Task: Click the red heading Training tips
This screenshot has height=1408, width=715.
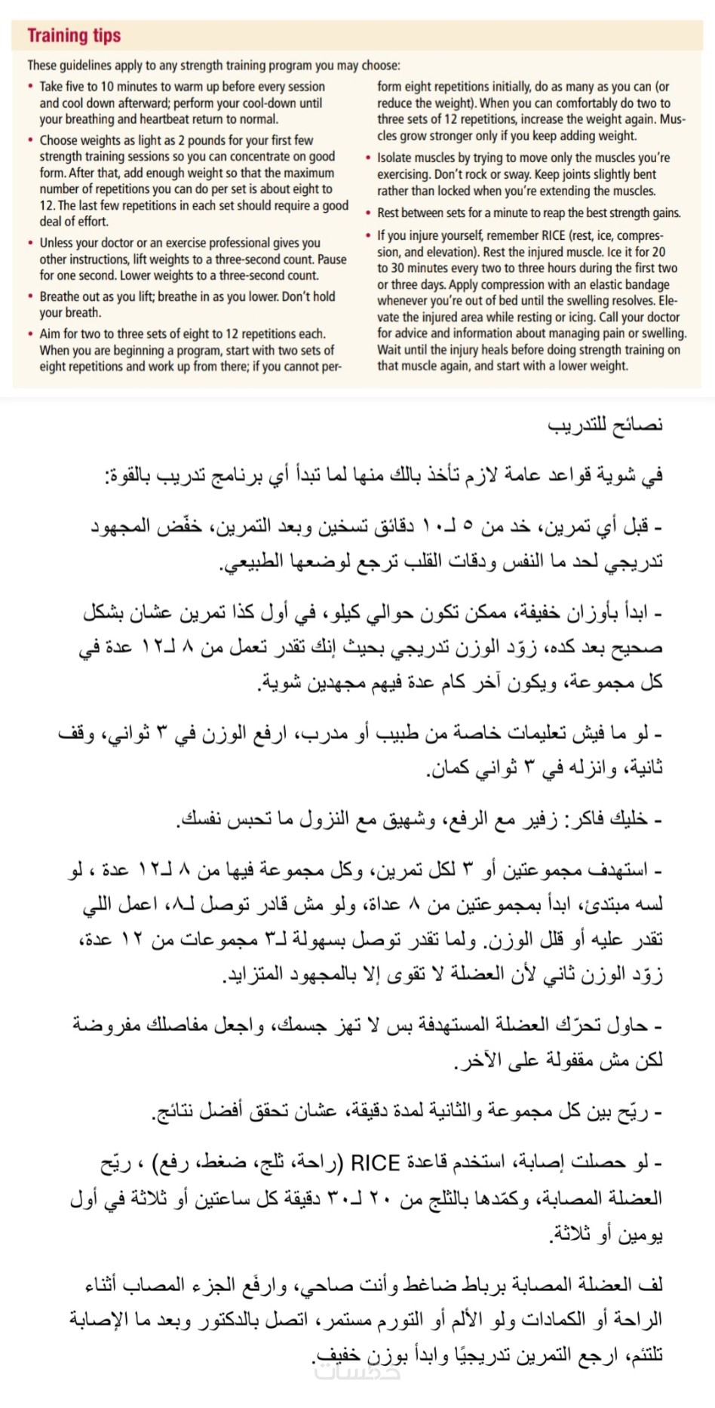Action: pos(74,35)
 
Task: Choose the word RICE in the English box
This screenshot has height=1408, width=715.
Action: pos(554,235)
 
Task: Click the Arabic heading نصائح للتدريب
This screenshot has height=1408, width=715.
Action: pos(605,425)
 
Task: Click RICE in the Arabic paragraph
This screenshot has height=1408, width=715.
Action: pos(375,1163)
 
